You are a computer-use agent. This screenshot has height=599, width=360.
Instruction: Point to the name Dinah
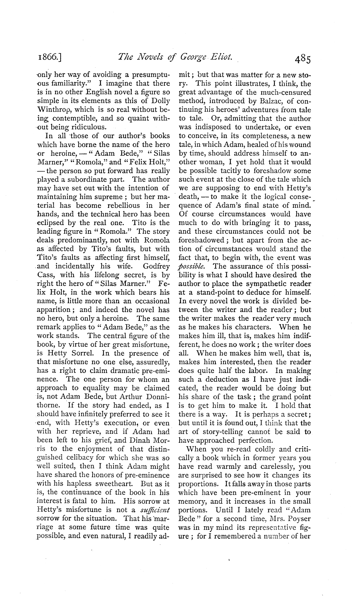click(x=137, y=440)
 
